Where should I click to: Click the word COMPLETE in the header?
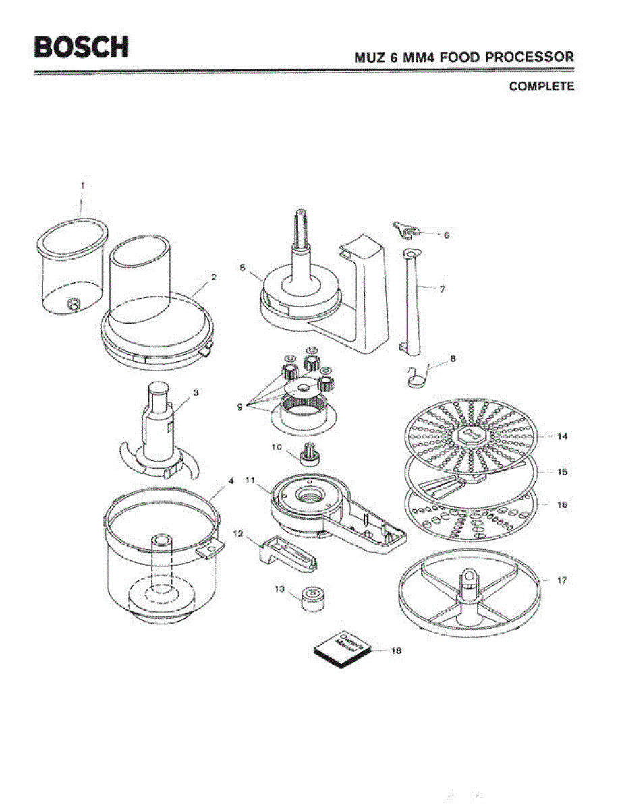tap(541, 86)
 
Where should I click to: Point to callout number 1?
tap(83, 184)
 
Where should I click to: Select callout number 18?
tap(396, 651)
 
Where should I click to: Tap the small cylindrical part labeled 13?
tap(312, 598)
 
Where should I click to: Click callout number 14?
tap(562, 436)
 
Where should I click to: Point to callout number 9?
tap(239, 407)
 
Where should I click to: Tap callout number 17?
tap(561, 580)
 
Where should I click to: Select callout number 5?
tap(242, 267)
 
